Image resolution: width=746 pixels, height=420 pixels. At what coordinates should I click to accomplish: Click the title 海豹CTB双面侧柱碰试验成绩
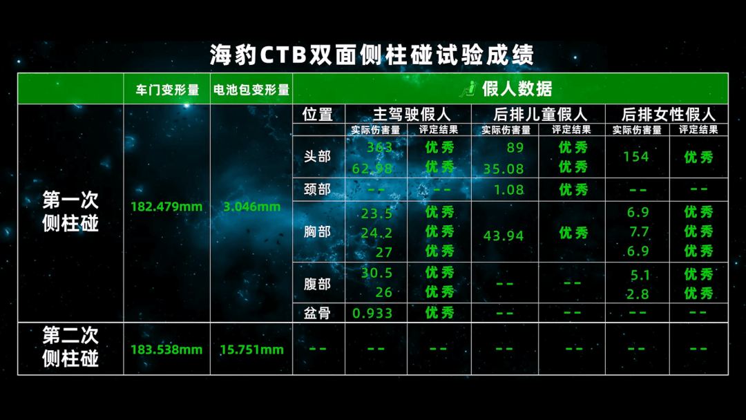point(372,55)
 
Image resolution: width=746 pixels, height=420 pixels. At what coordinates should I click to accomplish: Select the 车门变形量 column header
point(167,89)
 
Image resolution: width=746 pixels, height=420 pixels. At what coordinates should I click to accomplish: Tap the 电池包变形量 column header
point(251,89)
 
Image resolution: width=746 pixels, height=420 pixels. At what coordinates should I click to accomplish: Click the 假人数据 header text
point(517,88)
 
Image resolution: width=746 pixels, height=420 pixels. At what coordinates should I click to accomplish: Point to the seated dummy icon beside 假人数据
point(468,89)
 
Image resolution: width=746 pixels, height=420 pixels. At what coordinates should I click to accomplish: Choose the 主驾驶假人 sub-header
point(412,114)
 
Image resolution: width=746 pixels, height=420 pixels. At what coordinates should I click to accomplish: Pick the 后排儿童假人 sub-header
point(540,114)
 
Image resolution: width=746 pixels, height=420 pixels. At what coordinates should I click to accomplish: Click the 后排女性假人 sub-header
point(668,114)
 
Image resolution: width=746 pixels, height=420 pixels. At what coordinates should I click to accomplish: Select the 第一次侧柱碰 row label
point(70,211)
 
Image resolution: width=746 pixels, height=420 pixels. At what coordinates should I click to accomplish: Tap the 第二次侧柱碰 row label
point(70,347)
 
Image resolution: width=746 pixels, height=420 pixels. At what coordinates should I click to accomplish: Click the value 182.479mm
point(166,207)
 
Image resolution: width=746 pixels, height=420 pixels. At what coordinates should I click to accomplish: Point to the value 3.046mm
point(251,207)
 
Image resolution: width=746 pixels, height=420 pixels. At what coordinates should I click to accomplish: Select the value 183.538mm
point(166,350)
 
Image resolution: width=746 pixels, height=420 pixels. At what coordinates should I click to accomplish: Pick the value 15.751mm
point(251,350)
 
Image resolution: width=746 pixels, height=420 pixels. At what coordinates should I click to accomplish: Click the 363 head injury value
point(380,147)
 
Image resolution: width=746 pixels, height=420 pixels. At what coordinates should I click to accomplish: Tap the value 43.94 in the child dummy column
point(504,236)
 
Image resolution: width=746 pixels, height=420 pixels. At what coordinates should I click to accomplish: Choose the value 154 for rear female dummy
point(636,157)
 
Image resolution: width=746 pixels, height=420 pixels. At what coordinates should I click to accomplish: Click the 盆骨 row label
point(317,313)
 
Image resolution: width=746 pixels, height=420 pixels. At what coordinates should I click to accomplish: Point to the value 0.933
point(372,313)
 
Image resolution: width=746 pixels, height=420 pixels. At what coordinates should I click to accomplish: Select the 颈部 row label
point(317,189)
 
